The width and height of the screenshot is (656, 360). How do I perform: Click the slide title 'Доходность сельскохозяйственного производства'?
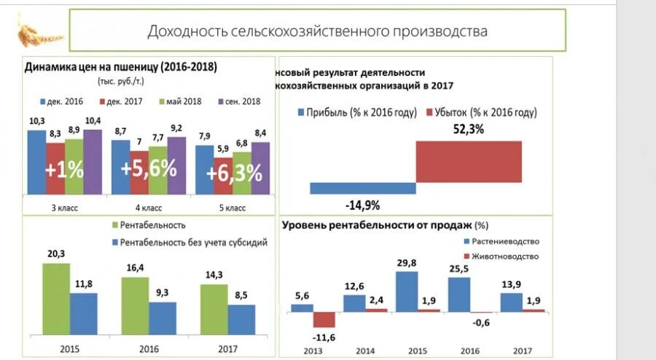[x=317, y=31]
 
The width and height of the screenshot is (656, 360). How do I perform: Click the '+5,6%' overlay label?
[x=149, y=169]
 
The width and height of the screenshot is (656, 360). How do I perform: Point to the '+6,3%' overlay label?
[x=233, y=173]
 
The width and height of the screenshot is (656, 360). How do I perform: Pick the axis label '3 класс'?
[x=65, y=208]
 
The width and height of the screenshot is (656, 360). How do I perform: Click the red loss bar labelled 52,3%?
[x=469, y=161]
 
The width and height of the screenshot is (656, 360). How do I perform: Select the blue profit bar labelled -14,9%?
[x=362, y=188]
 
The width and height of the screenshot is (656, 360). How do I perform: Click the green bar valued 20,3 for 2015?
[x=56, y=299]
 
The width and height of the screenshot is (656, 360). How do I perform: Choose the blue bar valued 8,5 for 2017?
[x=241, y=320]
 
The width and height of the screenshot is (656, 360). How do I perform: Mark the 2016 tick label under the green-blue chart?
[x=148, y=348]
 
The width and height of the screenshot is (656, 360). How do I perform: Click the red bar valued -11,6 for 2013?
[x=324, y=319]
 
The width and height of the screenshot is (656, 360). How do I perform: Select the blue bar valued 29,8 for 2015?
[x=407, y=291]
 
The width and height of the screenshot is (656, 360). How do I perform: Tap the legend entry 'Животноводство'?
[x=504, y=257]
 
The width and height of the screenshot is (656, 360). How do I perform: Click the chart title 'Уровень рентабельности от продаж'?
[x=377, y=225]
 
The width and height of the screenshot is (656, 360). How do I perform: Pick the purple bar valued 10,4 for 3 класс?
[x=93, y=162]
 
